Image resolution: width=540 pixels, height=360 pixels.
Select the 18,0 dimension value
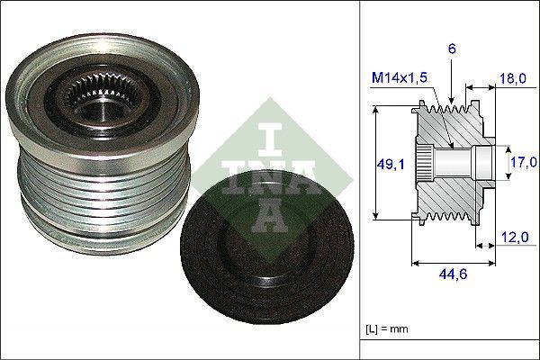click(512, 80)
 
